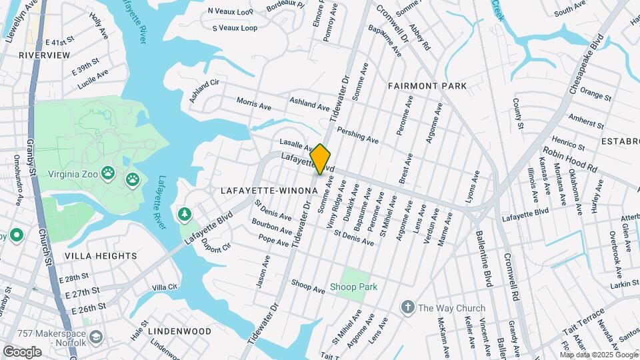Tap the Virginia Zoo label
coord(73,175)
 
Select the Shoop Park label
coord(353,287)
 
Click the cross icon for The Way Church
coord(407,307)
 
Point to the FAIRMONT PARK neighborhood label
coord(427,86)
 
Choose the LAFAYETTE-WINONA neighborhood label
coord(269,191)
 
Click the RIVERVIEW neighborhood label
coord(44,55)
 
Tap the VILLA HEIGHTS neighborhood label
coord(101,256)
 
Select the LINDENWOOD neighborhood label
coord(179,331)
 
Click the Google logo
coord(22,351)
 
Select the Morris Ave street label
coord(254,104)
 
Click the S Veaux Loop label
coord(235,28)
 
